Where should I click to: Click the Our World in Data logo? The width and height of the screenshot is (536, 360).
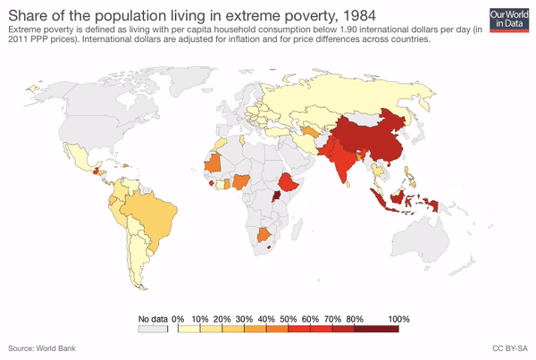tap(508, 17)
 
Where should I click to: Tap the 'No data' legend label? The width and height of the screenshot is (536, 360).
tap(153, 319)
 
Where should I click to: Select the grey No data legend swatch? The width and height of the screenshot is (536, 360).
tap(153, 330)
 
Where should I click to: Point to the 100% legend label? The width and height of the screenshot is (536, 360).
tap(398, 319)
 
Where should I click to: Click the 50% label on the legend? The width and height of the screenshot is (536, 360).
tap(289, 319)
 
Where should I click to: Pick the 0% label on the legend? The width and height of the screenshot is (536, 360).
tap(179, 319)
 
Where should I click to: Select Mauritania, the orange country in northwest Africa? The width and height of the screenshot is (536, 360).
tap(214, 164)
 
